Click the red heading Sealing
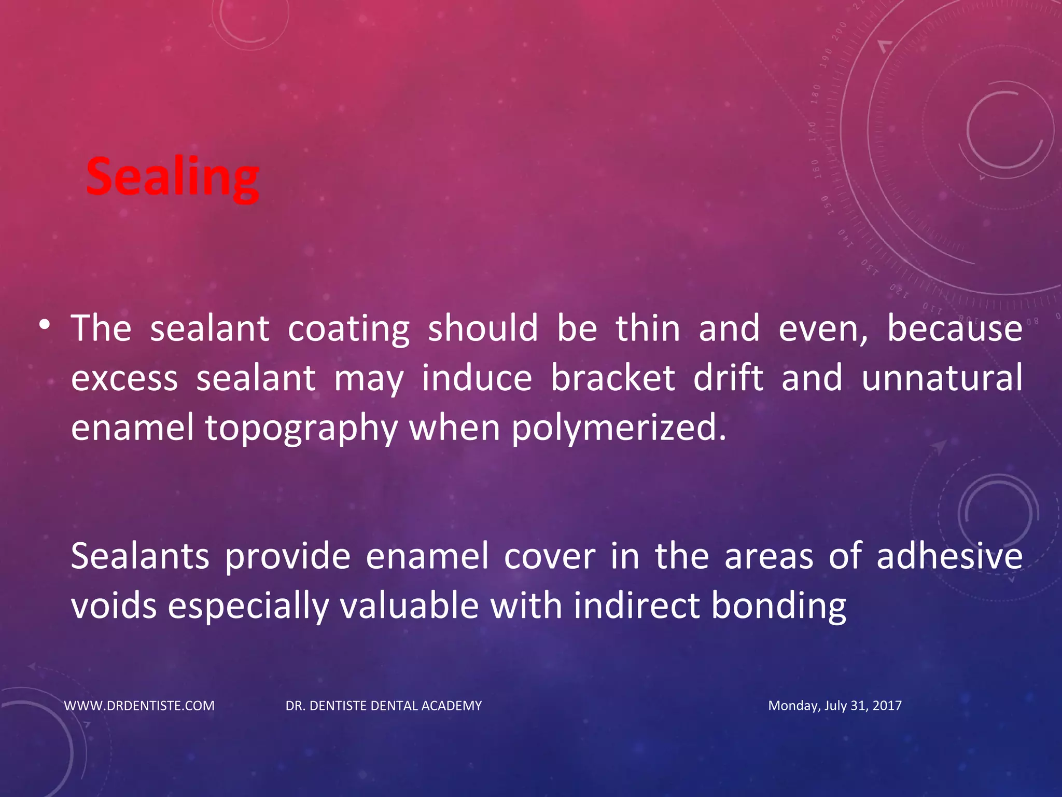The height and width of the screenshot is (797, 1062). point(172,177)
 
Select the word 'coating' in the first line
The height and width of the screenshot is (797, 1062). point(348,329)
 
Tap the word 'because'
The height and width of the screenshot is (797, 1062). point(955,329)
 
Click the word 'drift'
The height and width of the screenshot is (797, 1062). point(728,378)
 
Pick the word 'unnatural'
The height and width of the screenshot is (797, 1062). point(942,378)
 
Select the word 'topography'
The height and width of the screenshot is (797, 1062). point(301,429)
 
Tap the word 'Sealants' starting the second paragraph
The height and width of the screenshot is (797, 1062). point(140,556)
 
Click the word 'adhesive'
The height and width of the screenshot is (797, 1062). point(949,556)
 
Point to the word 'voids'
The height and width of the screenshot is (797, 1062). point(114,606)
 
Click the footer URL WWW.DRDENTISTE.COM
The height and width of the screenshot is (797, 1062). point(139,706)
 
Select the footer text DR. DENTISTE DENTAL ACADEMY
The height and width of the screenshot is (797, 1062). point(384,706)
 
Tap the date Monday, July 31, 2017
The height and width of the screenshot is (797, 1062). point(835,706)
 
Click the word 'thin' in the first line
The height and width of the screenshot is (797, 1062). point(648,329)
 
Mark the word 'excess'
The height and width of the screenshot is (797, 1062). point(124,379)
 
